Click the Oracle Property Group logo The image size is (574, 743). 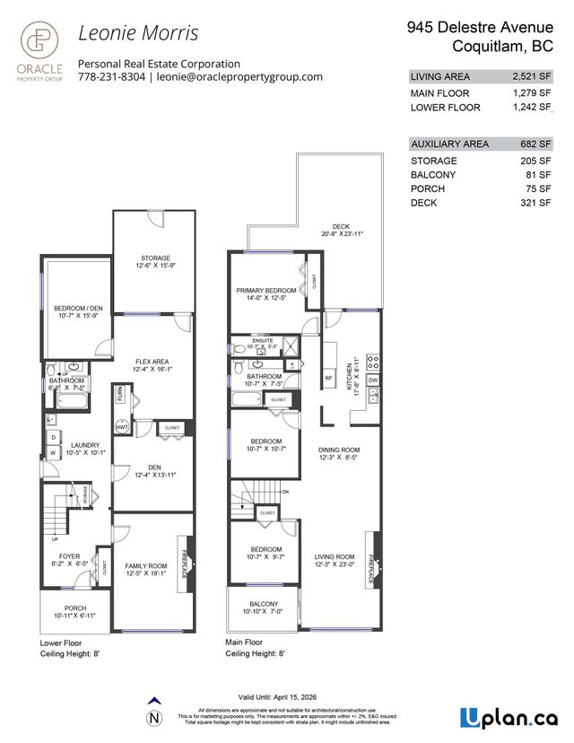pyautogui.click(x=36, y=53)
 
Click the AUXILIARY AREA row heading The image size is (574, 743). pyautogui.click(x=449, y=144)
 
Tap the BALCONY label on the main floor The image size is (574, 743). pyautogui.click(x=261, y=605)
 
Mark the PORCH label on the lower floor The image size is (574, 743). pyautogui.click(x=68, y=609)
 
